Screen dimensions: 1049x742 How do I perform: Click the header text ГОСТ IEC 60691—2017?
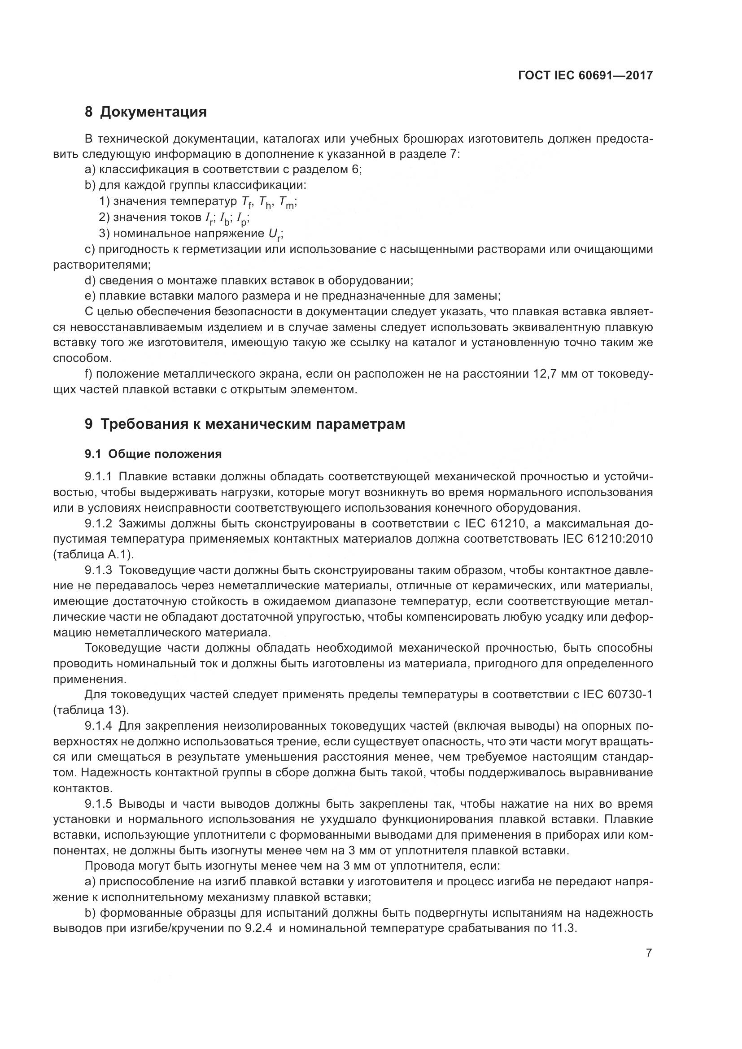[x=585, y=76]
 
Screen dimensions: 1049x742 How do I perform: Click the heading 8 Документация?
[x=146, y=112]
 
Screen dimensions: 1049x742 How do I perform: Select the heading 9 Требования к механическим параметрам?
[x=245, y=424]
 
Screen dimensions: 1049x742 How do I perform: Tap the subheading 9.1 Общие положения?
[x=153, y=454]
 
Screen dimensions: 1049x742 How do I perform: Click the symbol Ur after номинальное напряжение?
[x=274, y=235]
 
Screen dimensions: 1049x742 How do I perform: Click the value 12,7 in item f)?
[x=544, y=374]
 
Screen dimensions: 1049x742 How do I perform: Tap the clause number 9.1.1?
[x=98, y=477]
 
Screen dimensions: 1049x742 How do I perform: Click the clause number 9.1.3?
[x=98, y=570]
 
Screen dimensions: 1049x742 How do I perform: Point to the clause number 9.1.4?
[x=98, y=726]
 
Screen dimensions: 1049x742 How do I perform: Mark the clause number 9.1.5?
[x=98, y=804]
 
